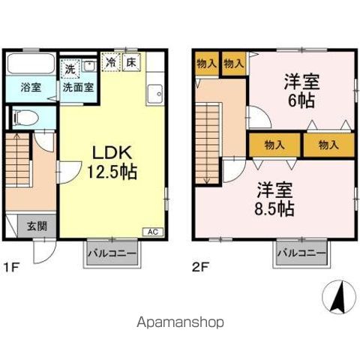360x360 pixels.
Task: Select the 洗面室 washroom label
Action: point(77,86)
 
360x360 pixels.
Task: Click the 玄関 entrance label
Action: point(37,224)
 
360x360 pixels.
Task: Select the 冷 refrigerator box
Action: point(111,63)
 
